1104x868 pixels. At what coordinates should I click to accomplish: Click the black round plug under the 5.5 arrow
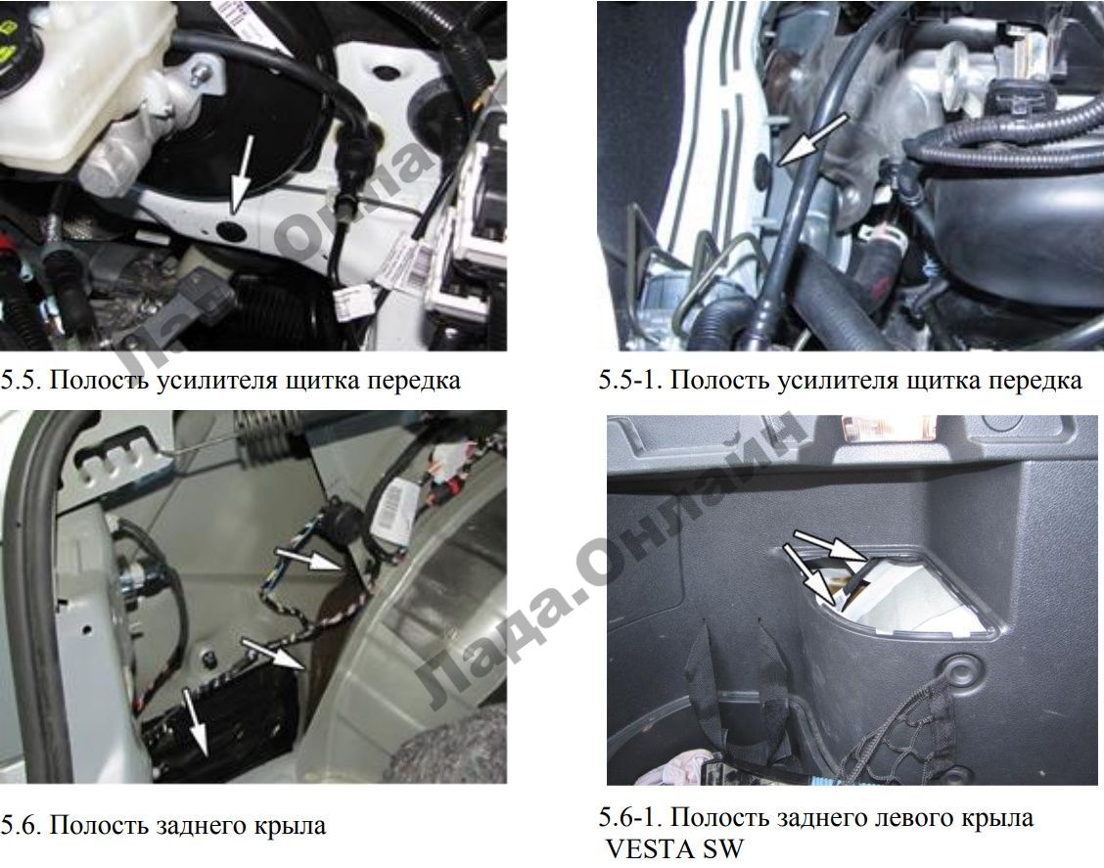[x=232, y=230]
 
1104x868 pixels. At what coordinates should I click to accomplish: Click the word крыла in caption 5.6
[x=290, y=826]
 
